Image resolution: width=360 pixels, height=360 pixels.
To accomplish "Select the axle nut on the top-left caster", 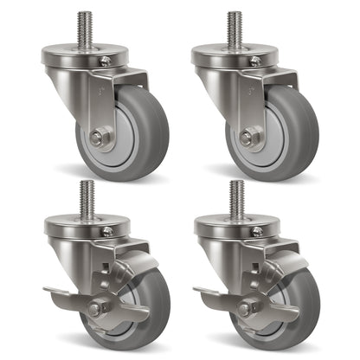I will point(98,136).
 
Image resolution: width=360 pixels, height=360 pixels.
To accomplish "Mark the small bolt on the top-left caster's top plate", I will point(106,61).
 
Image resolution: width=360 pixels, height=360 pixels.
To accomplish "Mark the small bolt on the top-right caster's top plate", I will point(256,61).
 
